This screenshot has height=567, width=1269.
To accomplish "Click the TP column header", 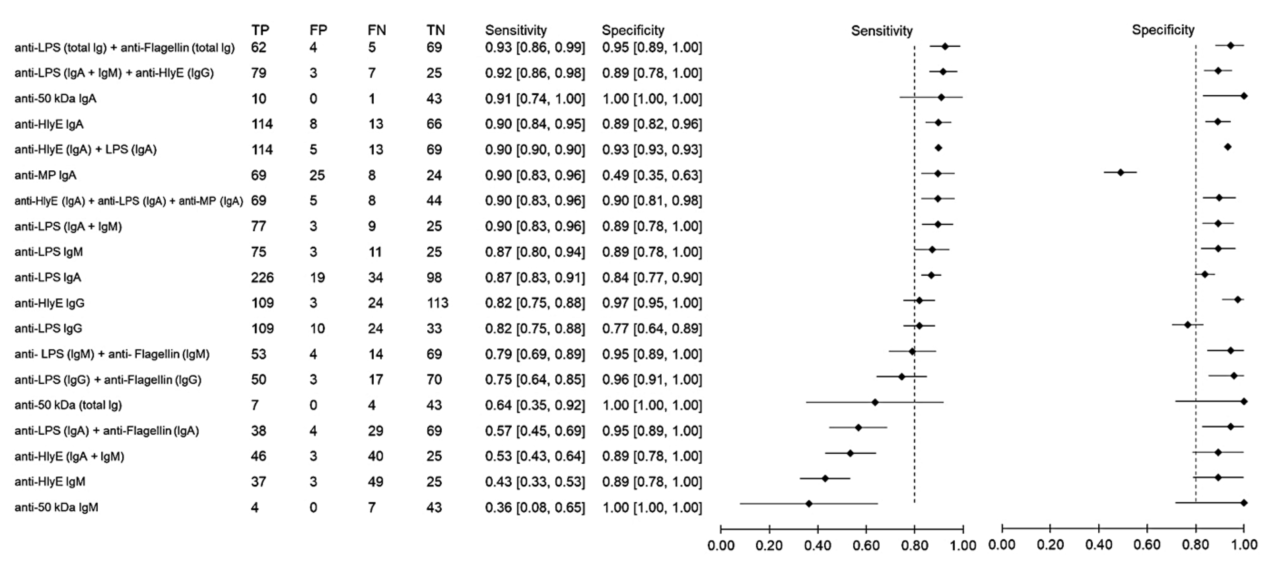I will [x=260, y=30].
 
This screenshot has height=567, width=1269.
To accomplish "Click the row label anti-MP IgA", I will [x=45, y=175].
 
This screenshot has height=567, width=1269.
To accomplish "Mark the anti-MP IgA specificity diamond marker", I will [x=1120, y=172].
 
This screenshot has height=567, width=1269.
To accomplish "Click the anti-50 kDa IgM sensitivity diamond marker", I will [x=808, y=504].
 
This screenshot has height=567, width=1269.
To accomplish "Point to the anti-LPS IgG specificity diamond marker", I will [x=1187, y=324].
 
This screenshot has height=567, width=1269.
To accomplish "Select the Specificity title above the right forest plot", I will [x=1163, y=30].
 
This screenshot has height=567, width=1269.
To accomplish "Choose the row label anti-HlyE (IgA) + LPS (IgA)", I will [x=85, y=150].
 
